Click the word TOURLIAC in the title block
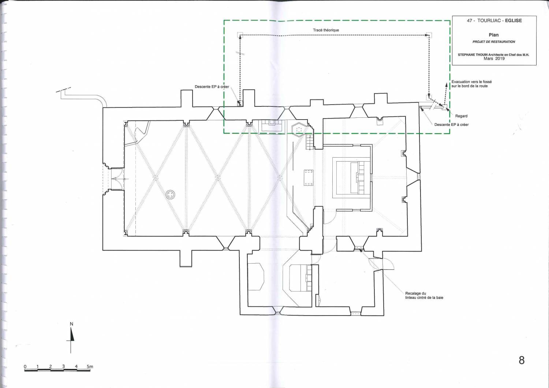(489, 20)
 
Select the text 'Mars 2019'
(494, 59)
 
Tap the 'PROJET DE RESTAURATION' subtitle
(494, 42)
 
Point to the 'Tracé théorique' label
(326, 30)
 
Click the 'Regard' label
(461, 116)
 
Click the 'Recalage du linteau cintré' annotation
(424, 295)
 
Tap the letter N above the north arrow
(72, 324)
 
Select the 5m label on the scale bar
(90, 367)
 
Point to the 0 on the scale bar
(25, 367)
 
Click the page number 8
(522, 360)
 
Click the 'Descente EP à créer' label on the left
(212, 87)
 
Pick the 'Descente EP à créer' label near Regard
(451, 125)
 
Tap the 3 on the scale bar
(63, 367)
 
